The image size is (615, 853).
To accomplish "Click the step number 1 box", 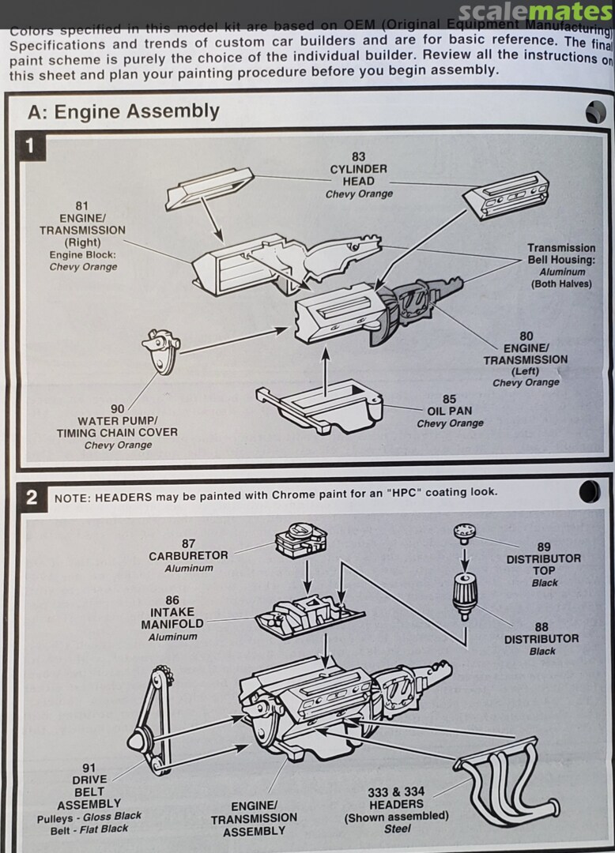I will [x=31, y=146].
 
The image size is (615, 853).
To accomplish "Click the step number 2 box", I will [x=32, y=497].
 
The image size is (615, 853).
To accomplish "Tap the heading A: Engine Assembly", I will [x=123, y=111].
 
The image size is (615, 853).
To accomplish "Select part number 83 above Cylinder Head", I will [x=358, y=156].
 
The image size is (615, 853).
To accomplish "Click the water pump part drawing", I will [x=162, y=351].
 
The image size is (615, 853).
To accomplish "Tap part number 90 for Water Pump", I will [x=117, y=408].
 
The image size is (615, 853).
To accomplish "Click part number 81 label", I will [x=82, y=206].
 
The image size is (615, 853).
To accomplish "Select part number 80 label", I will [x=526, y=336].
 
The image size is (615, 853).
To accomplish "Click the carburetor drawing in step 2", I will [x=301, y=541].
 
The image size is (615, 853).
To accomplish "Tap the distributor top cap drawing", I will [x=464, y=533].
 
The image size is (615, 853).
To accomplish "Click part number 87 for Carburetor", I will [x=188, y=543].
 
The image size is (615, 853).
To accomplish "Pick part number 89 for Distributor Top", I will [x=544, y=547].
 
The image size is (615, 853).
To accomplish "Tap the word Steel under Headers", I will [x=397, y=829].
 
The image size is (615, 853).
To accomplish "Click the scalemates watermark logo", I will [x=536, y=12].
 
